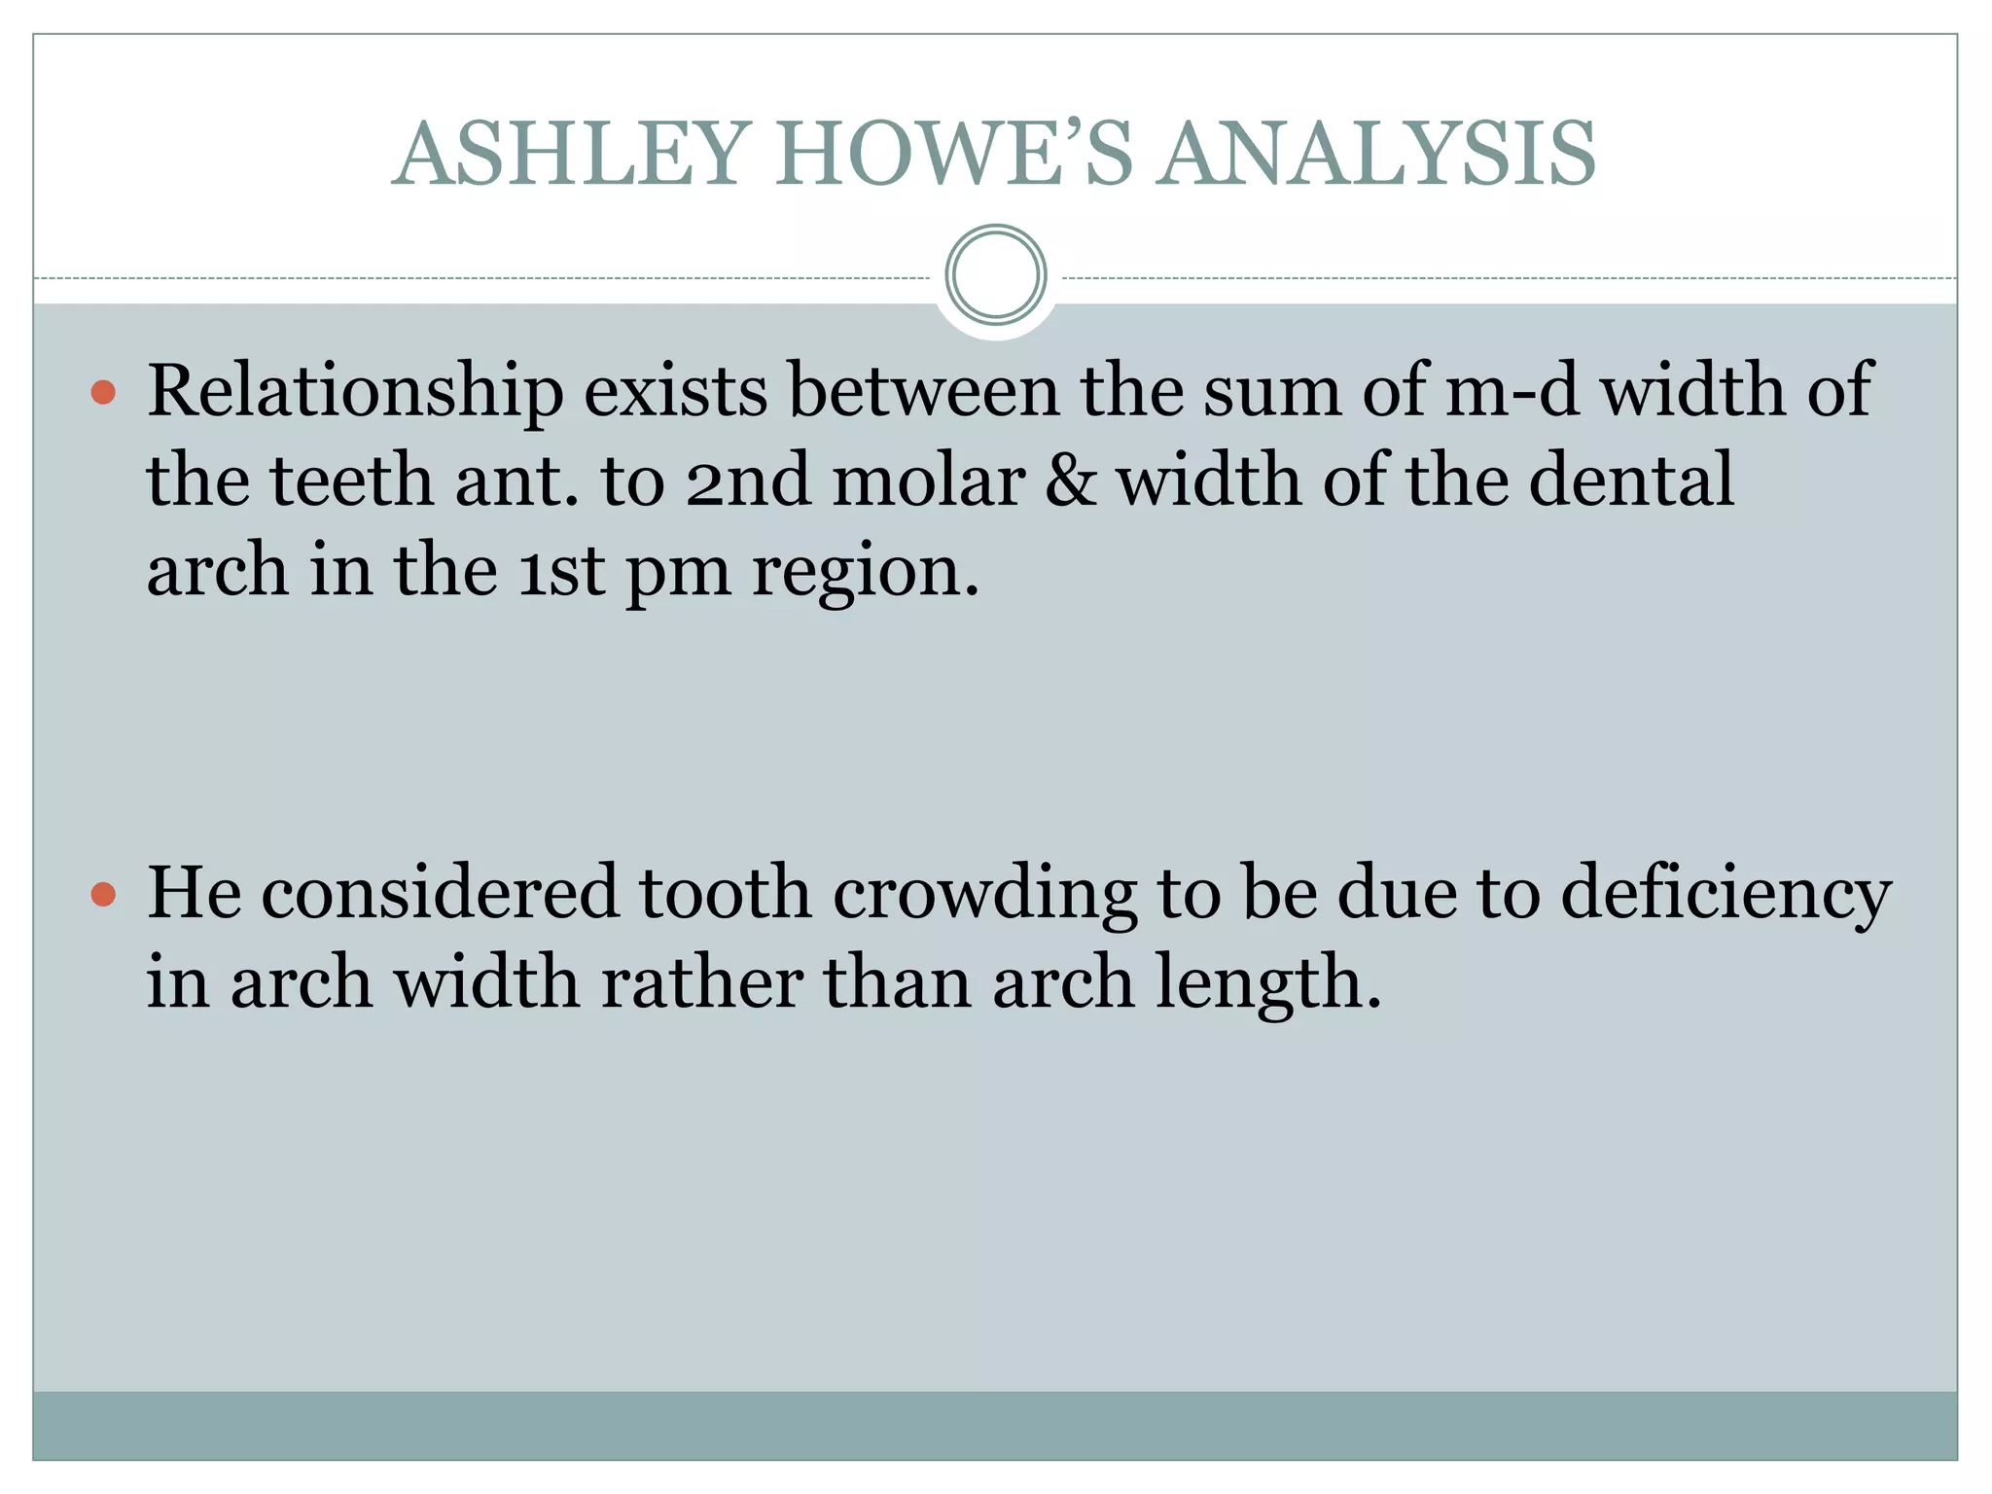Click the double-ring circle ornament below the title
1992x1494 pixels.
(995, 274)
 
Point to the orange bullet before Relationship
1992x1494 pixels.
(103, 393)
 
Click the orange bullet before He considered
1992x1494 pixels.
(103, 894)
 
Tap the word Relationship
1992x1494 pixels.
(355, 391)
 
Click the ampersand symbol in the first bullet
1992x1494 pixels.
(1070, 480)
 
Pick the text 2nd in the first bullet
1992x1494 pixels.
(747, 480)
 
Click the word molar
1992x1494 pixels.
(929, 480)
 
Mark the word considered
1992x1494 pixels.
(440, 893)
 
